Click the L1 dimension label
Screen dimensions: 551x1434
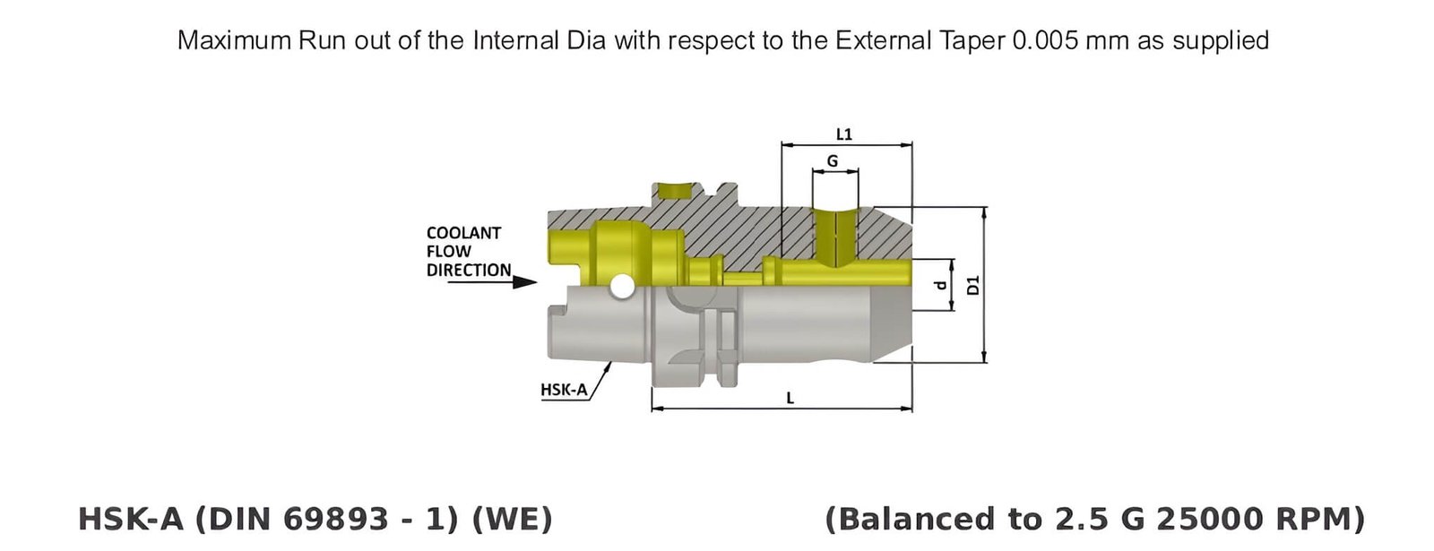coord(843,134)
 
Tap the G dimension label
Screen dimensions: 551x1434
coord(833,161)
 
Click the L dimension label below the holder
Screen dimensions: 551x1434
coord(790,398)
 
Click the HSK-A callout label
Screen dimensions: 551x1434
coord(564,390)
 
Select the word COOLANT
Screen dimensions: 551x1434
coord(463,233)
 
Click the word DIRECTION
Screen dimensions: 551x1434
coord(468,270)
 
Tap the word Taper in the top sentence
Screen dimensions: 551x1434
coord(975,40)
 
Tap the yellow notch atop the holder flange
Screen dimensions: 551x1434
coord(674,191)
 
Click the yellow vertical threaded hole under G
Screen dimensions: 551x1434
coord(834,236)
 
